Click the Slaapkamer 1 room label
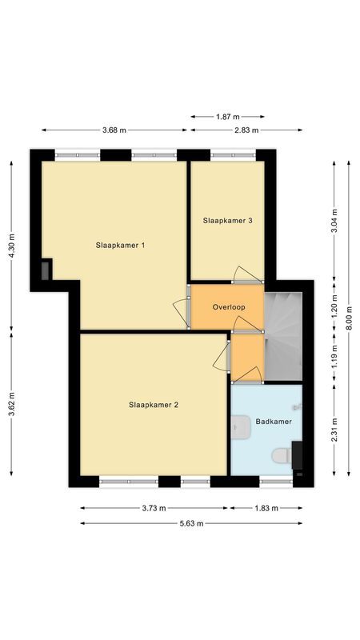pyautogui.click(x=120, y=245)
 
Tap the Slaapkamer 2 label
pyautogui.click(x=153, y=405)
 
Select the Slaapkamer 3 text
pyautogui.click(x=228, y=221)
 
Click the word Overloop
pyautogui.click(x=228, y=307)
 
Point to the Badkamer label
pyautogui.click(x=274, y=421)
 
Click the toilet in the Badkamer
pyautogui.click(x=281, y=455)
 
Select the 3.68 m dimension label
pyautogui.click(x=114, y=130)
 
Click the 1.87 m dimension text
pyautogui.click(x=227, y=117)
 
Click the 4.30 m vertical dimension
pyautogui.click(x=12, y=243)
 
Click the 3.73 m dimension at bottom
pyautogui.click(x=154, y=508)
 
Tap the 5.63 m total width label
pyautogui.click(x=191, y=524)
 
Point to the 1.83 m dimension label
pyautogui.click(x=266, y=508)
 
